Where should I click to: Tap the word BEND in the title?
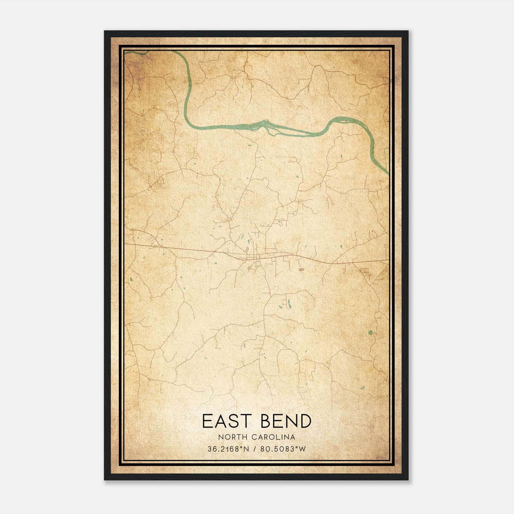pyautogui.click(x=286, y=421)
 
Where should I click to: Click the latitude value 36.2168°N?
pyautogui.click(x=228, y=449)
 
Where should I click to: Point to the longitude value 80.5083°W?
pyautogui.click(x=283, y=449)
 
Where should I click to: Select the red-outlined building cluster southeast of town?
pyautogui.click(x=301, y=270)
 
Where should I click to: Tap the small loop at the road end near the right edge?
pyautogui.click(x=385, y=246)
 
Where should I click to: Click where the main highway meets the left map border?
pyautogui.click(x=125, y=244)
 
